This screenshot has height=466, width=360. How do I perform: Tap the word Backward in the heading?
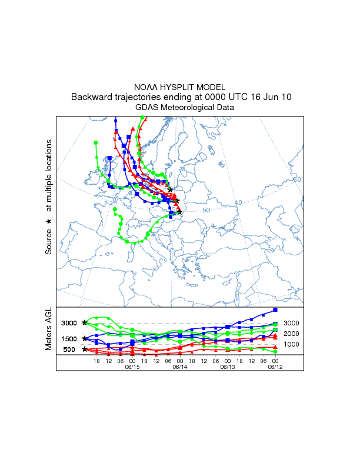(x=93, y=97)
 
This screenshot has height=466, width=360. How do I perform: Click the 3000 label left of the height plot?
(x=69, y=323)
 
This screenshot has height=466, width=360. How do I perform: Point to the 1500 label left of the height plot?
(x=69, y=339)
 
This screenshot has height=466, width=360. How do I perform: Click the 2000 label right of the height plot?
(x=292, y=334)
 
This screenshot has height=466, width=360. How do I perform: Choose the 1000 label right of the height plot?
(x=292, y=344)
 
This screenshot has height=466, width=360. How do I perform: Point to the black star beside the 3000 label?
(x=85, y=322)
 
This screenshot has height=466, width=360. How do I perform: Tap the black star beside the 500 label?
(x=85, y=349)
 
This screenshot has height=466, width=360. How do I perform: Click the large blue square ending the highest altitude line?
(x=275, y=309)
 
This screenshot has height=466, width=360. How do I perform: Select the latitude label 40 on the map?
(x=238, y=203)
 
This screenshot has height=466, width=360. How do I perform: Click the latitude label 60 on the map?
(x=297, y=179)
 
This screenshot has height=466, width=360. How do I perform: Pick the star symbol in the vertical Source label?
(x=49, y=221)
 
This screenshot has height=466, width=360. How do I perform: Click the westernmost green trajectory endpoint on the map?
(x=95, y=143)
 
